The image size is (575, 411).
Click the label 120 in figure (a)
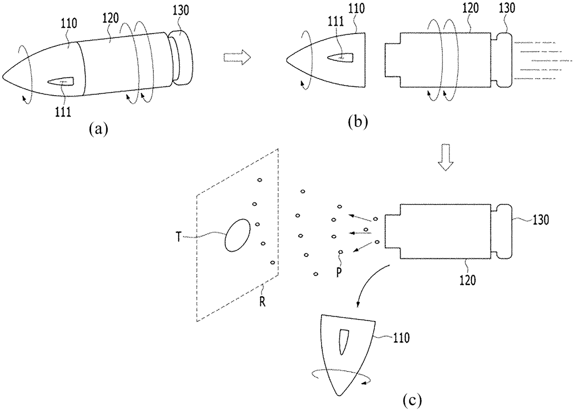tap(110, 19)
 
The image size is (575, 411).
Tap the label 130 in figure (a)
tap(181, 10)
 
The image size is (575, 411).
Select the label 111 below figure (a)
tap(63, 112)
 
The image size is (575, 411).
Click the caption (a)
tap(98, 129)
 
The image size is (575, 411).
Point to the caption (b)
tap(358, 122)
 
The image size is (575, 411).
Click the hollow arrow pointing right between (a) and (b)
tap(237, 57)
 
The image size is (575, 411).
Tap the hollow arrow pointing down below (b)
tap(445, 157)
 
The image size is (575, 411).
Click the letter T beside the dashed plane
tap(179, 237)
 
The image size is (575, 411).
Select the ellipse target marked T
tap(238, 235)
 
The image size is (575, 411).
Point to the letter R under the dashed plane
tap(262, 302)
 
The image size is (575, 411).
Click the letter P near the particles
tap(339, 273)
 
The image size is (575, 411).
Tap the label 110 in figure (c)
tap(401, 338)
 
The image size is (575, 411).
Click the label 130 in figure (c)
tap(540, 220)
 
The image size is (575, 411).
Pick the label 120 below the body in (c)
tap(468, 280)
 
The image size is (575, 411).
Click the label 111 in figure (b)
tap(336, 21)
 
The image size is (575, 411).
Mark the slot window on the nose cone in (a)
tap(60, 81)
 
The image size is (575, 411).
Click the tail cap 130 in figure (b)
tap(501, 60)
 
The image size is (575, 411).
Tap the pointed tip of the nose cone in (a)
tap(2, 77)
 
